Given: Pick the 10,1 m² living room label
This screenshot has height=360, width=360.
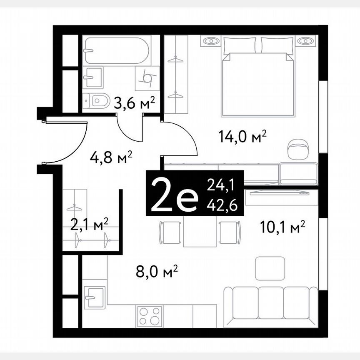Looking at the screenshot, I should [x=283, y=227].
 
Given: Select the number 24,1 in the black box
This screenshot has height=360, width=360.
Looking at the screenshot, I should [x=225, y=185].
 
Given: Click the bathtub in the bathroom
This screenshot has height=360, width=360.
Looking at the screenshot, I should [x=115, y=51].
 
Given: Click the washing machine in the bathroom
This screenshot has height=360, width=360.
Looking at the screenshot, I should [x=147, y=77].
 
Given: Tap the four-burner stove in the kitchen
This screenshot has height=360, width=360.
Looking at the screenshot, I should [x=150, y=315].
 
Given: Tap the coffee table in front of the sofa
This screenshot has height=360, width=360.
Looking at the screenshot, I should [x=270, y=268].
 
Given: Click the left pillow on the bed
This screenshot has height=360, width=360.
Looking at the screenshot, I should [x=240, y=45].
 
